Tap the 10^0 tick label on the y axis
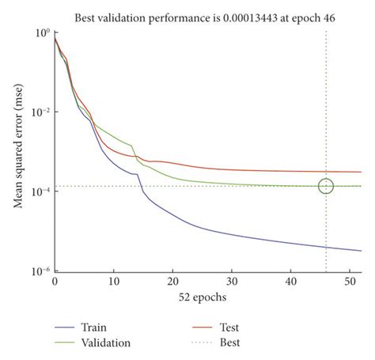[42, 32]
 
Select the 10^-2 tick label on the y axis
[40, 112]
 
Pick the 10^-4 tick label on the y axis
[40, 191]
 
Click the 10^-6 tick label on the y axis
[40, 271]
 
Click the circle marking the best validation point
[326, 186]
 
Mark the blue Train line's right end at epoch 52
[361, 251]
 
